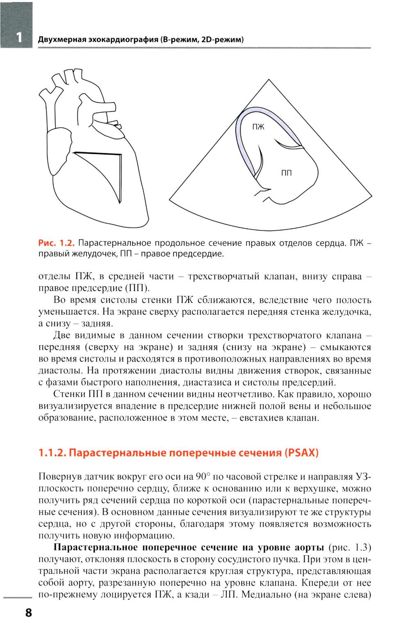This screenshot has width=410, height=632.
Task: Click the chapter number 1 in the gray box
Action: tap(18, 37)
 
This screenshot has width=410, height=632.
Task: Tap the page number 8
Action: tap(28, 613)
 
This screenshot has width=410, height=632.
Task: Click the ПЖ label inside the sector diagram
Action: tap(258, 127)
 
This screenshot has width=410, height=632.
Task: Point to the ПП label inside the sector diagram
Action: tap(286, 173)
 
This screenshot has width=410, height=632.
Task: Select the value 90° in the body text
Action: tap(203, 477)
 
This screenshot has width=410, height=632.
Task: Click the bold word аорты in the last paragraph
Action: tap(310, 547)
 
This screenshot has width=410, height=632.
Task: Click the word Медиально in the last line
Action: tap(266, 595)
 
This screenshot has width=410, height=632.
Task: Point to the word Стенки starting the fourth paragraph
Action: tap(69, 395)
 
